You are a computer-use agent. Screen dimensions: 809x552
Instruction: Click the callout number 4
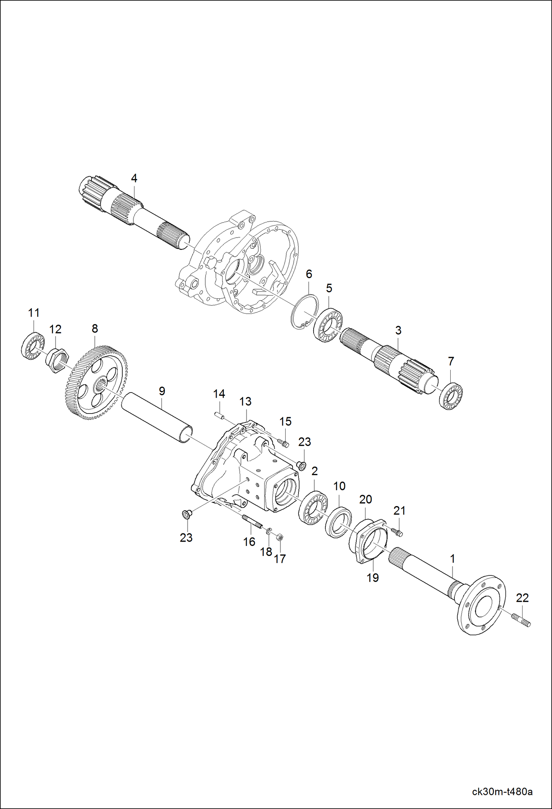[134, 179]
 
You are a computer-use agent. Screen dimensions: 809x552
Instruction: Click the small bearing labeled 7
[451, 396]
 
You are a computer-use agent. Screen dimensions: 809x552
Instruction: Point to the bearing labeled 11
[32, 345]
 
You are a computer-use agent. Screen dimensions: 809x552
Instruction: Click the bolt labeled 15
[283, 442]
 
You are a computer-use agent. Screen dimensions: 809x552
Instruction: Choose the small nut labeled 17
[279, 537]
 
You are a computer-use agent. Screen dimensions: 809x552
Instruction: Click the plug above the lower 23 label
[186, 514]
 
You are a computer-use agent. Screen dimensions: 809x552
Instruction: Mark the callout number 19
[373, 577]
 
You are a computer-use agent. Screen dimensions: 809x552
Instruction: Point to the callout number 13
[245, 401]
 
